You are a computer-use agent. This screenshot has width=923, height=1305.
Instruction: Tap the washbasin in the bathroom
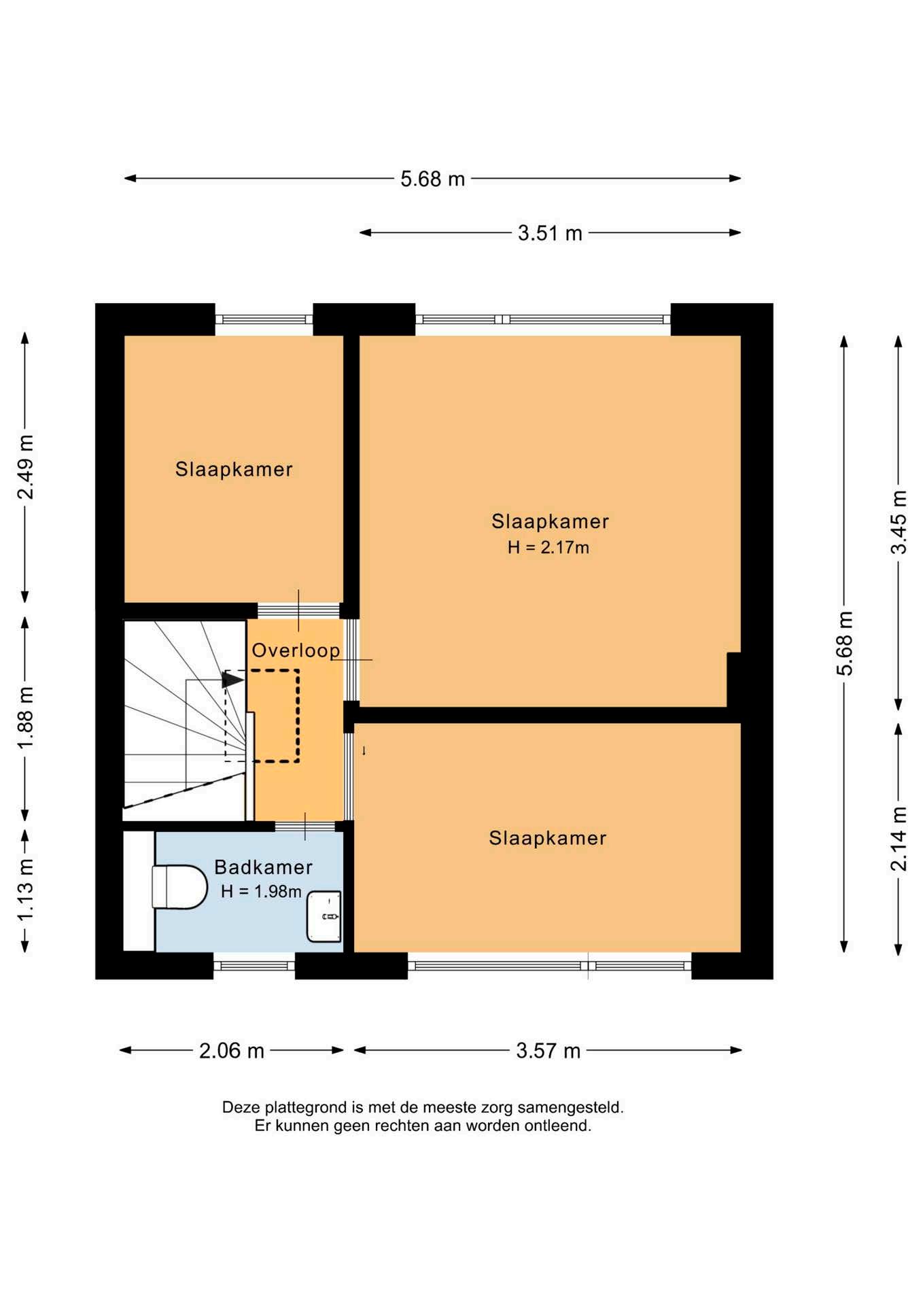pos(324,916)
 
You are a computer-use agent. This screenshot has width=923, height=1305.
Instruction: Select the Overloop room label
pos(296,650)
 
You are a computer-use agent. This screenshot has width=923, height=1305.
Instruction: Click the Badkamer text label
pos(263,867)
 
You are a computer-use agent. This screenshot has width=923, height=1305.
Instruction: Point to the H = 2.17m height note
pos(548,547)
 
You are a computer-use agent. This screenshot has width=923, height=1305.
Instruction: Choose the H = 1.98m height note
pos(261,891)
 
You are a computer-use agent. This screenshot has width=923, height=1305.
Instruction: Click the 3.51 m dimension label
pos(550,233)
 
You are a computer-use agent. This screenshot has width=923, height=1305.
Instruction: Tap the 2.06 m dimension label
pos(231,1051)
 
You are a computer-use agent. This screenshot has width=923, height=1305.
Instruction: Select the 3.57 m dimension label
pos(548,1051)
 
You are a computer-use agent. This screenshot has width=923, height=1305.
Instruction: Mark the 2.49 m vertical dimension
pos(25,467)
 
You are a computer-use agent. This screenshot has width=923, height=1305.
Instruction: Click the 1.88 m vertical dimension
pos(25,718)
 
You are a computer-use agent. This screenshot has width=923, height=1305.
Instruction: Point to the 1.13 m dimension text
pos(25,890)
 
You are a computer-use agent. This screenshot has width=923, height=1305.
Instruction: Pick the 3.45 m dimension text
pos(899,522)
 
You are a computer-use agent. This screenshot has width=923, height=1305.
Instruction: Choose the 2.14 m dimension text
pos(899,839)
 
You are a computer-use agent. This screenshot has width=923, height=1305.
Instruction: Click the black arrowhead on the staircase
pos(232,679)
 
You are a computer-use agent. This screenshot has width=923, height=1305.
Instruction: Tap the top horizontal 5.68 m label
pos(432,179)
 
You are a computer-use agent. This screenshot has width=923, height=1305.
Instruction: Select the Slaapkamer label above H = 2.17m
pos(550,521)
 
